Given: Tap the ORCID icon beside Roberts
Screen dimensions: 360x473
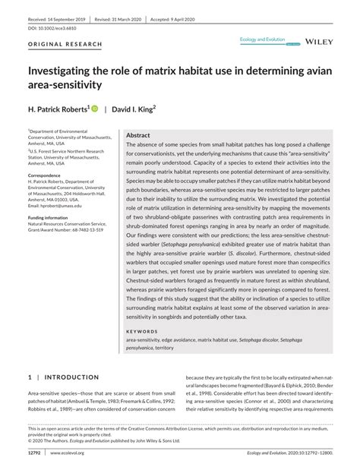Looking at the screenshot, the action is pos(95,109).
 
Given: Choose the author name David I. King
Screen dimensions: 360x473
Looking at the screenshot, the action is pos(133,109).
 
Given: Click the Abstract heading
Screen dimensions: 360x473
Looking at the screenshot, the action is pos(137,134).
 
